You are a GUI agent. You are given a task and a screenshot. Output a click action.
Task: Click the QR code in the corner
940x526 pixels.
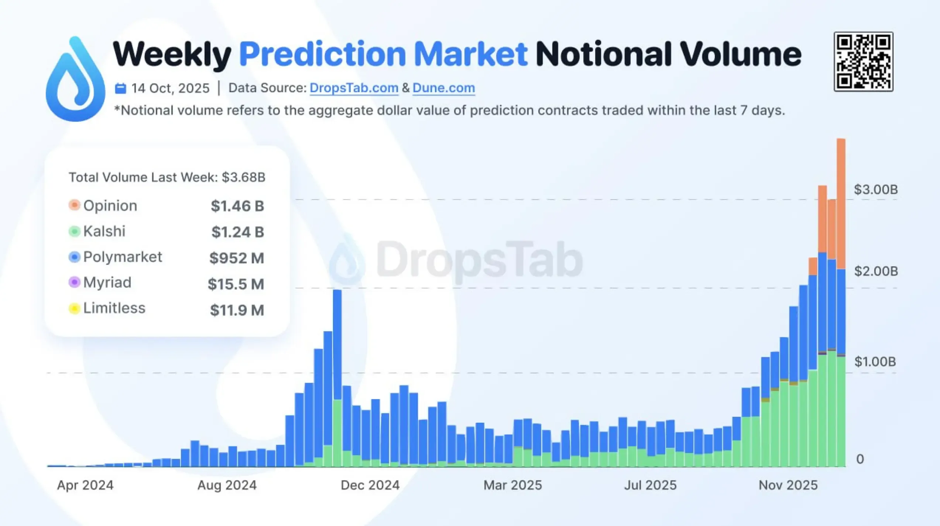coord(863,62)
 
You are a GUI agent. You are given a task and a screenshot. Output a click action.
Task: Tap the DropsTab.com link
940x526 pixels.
coord(354,88)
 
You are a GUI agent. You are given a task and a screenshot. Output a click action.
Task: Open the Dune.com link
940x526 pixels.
coord(443,88)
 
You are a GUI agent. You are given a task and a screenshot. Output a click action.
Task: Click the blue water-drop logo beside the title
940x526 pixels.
coord(75,79)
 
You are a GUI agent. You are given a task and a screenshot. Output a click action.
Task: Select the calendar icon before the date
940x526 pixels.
coord(120,89)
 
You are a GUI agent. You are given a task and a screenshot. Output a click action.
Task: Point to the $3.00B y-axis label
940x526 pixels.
coord(876,190)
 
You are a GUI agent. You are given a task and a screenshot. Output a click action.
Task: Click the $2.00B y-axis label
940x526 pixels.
coord(876,271)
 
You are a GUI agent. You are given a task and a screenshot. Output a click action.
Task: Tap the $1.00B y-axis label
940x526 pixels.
coord(875,362)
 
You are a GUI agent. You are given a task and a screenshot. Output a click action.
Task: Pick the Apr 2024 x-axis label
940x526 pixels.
coord(85,485)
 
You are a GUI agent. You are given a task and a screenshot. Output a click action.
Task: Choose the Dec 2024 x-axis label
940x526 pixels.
coord(370,485)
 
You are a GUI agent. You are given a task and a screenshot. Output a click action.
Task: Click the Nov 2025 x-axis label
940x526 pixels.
coord(788,485)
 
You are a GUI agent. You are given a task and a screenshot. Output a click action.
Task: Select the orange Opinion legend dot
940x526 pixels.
coord(74,205)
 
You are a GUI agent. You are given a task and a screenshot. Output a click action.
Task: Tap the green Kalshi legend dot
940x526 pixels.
coord(74,231)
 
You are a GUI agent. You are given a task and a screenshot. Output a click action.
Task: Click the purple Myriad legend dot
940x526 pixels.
coord(74,283)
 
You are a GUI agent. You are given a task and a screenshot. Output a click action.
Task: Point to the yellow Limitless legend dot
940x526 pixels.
coord(74,308)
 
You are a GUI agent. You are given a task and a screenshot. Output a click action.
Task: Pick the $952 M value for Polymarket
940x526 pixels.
coord(237,258)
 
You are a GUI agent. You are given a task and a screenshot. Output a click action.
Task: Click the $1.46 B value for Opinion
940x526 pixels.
coord(237,206)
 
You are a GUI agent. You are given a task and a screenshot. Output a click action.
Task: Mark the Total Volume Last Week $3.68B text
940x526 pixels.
coord(167,177)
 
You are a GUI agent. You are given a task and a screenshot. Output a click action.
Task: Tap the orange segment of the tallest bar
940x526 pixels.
coord(841,203)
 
